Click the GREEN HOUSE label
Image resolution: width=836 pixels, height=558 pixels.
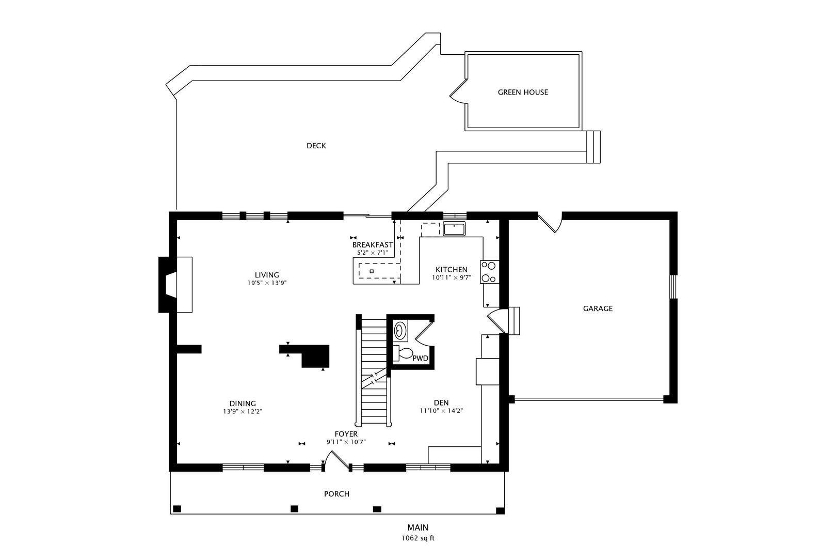tap(523, 92)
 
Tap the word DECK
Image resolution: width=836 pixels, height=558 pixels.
tap(316, 146)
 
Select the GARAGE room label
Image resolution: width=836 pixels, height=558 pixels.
tap(598, 308)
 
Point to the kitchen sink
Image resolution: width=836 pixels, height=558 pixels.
tap(454, 229)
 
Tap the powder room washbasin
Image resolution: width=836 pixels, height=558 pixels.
tap(400, 330)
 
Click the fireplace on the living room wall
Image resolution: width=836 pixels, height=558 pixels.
tap(175, 284)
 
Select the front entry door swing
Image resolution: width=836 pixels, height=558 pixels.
tap(336, 460)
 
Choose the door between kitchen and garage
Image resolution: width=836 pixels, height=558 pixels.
tap(496, 320)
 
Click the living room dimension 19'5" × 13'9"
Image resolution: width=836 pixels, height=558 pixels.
tap(267, 283)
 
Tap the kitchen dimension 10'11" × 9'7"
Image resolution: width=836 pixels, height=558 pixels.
tap(452, 277)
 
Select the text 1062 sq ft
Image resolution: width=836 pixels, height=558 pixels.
tap(418, 538)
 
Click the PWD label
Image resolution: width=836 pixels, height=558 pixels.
tap(420, 359)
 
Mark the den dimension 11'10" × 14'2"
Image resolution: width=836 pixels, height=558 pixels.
tap(442, 411)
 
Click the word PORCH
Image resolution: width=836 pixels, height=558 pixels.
tap(336, 494)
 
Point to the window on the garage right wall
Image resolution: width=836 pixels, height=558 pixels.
tap(673, 287)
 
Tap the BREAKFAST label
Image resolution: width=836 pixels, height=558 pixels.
tap(373, 245)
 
